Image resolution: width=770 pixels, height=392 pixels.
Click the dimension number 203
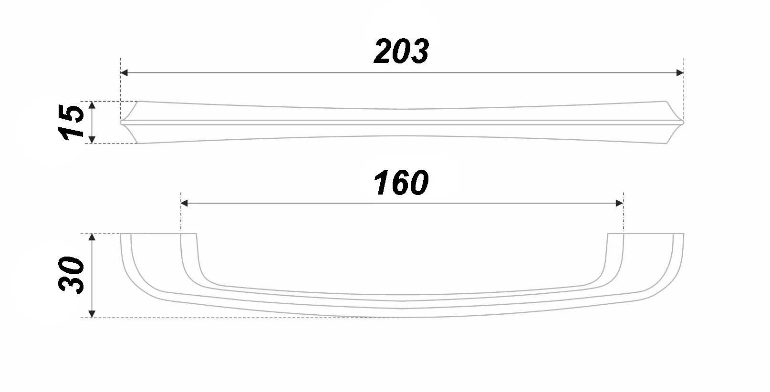(401, 51)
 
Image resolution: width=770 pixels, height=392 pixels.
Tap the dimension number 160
(401, 183)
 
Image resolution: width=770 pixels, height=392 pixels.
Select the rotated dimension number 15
(71, 122)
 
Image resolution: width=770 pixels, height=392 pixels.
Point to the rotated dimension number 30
(71, 275)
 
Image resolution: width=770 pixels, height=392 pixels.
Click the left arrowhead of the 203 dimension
(124, 73)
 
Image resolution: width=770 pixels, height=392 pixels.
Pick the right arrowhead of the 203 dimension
(680, 73)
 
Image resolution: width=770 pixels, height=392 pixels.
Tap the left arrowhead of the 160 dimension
(184, 203)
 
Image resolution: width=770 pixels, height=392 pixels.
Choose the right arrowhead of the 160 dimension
(619, 203)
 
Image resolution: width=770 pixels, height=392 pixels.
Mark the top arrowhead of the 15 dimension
(92, 105)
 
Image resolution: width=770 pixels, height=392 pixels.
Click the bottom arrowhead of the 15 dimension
(92, 139)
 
